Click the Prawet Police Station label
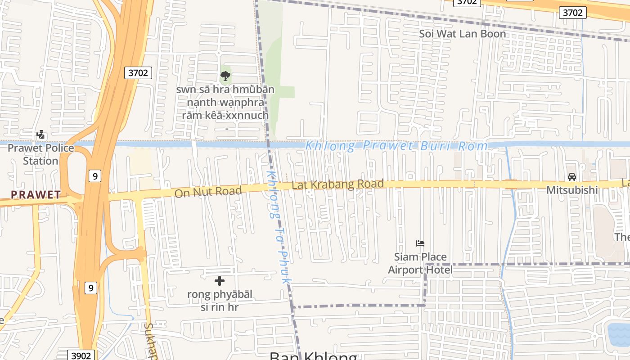click(40, 154)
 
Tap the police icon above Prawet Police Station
click(40, 135)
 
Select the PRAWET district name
click(36, 195)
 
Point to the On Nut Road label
click(208, 192)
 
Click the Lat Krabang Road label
click(337, 184)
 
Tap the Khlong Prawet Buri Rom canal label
click(396, 146)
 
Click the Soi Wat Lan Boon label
click(463, 34)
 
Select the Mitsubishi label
click(572, 190)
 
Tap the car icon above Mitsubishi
click(572, 177)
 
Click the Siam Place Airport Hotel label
click(420, 263)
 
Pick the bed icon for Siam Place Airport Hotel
click(420, 243)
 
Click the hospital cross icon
click(220, 281)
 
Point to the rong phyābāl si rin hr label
click(220, 301)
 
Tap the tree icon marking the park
click(225, 76)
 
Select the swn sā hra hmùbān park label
click(225, 102)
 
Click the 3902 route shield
click(81, 355)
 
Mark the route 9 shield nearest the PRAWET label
click(94, 176)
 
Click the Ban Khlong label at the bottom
click(313, 356)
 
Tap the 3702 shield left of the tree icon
click(138, 72)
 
